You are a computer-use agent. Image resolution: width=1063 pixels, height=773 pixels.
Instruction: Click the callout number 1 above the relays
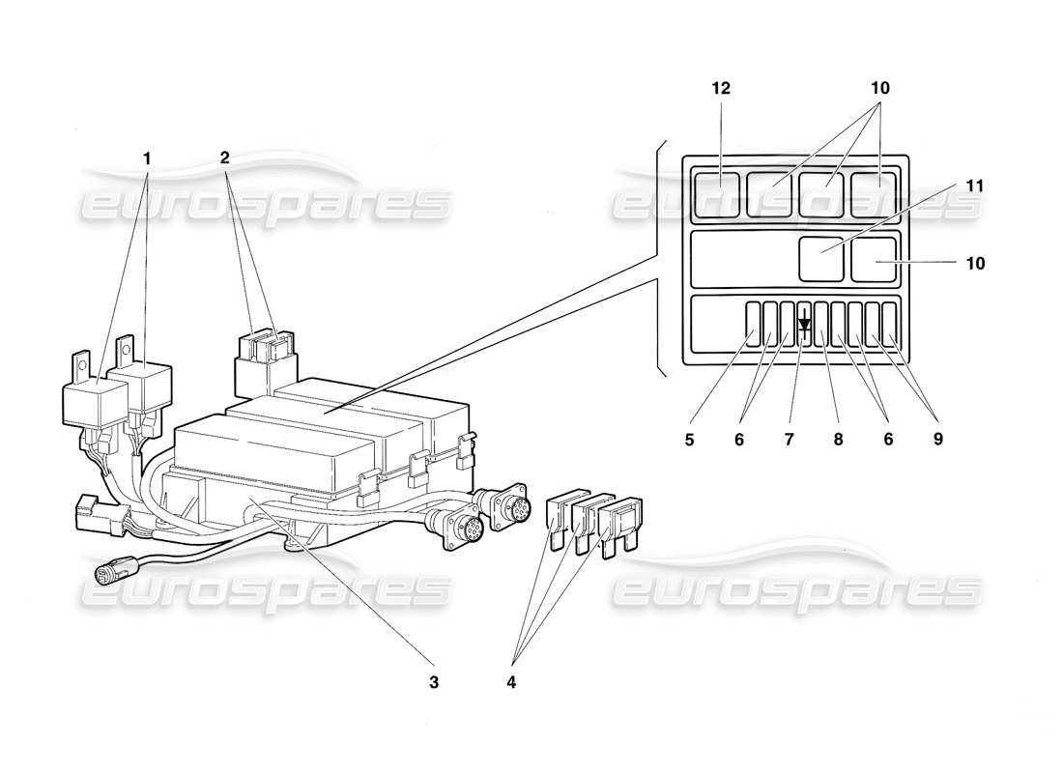147,157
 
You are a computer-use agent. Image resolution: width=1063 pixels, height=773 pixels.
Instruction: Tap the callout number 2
224,157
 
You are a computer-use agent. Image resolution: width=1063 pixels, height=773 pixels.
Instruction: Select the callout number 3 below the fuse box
434,681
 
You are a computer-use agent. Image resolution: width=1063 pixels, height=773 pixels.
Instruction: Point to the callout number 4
511,681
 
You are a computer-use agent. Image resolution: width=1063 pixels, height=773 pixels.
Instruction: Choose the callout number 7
789,438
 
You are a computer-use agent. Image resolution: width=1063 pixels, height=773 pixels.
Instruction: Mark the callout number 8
838,438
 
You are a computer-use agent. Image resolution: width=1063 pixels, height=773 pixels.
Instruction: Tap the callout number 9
936,438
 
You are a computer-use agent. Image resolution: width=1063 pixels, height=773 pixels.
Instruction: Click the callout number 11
976,184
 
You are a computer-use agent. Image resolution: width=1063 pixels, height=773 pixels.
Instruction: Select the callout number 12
721,88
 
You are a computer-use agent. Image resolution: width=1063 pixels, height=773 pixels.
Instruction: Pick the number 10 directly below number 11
976,263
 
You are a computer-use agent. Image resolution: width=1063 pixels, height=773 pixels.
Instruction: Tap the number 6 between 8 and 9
888,438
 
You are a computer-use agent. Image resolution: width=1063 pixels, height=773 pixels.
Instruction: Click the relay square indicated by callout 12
716,193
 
